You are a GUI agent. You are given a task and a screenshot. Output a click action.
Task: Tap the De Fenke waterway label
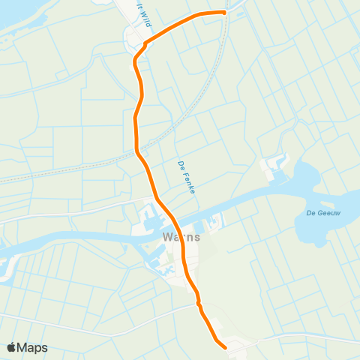(x=187, y=178)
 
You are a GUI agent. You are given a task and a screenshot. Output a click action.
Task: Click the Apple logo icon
(x=12, y=347)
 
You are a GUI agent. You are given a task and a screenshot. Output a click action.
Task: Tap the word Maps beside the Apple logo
(x=33, y=347)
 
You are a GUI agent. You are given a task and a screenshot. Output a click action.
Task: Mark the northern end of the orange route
(x=223, y=12)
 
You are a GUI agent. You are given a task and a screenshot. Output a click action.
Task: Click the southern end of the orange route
(x=224, y=346)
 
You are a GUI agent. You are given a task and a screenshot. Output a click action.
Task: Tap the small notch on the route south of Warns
(x=199, y=304)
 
